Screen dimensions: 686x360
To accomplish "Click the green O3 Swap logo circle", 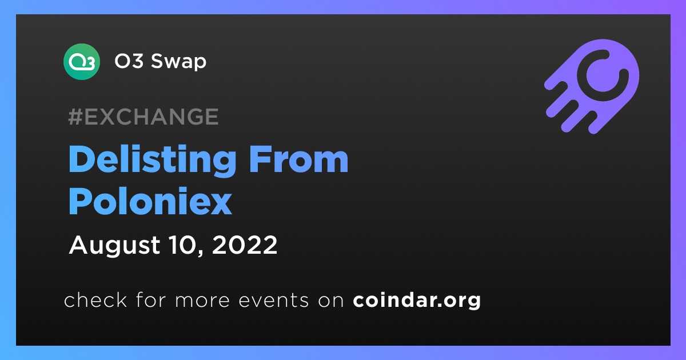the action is (81, 62).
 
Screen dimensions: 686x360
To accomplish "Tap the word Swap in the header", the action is (178, 62).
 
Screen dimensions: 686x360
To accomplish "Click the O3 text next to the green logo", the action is (129, 61).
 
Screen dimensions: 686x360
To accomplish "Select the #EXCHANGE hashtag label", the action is (143, 117).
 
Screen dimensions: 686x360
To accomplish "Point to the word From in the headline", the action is (298, 159).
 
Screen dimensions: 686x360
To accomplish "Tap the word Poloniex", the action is (150, 201).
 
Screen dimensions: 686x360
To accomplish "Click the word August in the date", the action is (115, 246).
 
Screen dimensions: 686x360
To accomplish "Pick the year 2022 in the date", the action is (245, 245).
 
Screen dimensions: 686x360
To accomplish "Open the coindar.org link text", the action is (417, 301).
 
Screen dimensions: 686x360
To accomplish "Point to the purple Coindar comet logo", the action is (592, 86).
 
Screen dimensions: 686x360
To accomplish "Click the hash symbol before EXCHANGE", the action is (75, 117).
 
